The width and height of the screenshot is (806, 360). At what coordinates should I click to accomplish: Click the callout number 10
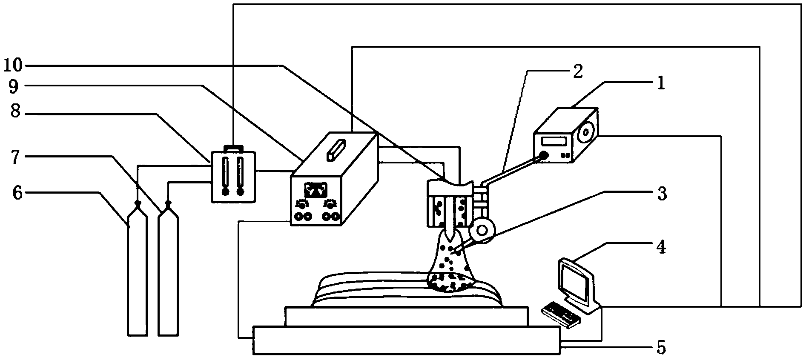(14, 65)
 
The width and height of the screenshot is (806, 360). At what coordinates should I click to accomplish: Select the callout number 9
(14, 88)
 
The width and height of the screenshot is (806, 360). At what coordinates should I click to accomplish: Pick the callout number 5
(660, 348)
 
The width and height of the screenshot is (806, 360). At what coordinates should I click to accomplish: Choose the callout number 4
(660, 247)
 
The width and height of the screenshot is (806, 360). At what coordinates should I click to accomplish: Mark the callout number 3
(660, 194)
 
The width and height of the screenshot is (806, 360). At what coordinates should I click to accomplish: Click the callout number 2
(577, 71)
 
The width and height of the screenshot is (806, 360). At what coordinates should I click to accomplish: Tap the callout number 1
(660, 83)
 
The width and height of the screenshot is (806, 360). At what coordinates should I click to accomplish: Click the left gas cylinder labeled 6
(138, 272)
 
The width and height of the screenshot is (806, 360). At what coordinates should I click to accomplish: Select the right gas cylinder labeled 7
(168, 272)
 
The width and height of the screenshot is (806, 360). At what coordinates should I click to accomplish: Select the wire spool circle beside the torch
(482, 230)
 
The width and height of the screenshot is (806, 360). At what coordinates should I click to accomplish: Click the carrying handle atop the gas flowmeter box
(234, 148)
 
